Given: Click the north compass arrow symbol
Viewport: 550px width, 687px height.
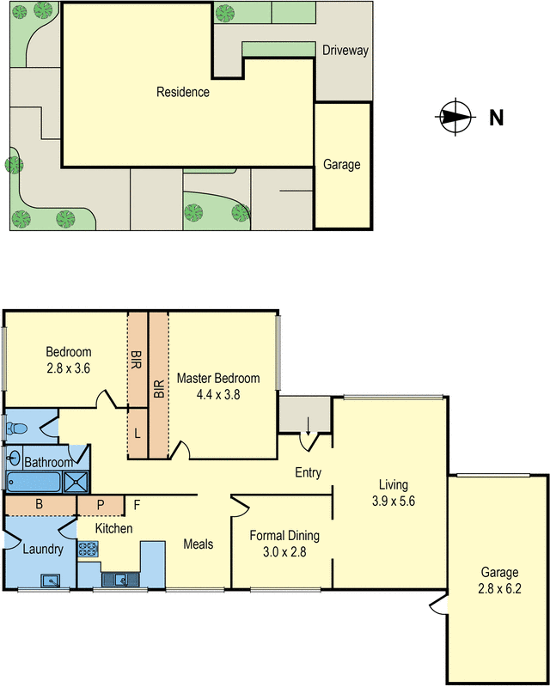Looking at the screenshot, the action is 455,117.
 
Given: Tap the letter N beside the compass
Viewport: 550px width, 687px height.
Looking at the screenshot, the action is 497,118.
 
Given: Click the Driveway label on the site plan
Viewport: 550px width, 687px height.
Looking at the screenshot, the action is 345,51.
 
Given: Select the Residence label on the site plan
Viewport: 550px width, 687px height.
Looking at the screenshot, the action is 183,92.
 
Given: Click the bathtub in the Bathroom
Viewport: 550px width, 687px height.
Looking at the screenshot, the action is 34,482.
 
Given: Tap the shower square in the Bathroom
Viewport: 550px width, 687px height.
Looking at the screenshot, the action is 76,482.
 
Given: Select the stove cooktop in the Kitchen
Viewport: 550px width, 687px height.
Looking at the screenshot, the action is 88,549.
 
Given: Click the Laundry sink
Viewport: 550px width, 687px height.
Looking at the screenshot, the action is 51,581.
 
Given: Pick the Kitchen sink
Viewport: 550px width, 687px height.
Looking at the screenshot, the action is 120,580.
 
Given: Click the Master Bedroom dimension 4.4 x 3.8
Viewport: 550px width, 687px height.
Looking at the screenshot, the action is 218,395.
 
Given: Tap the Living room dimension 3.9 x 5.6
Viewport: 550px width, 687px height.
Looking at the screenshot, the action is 394,501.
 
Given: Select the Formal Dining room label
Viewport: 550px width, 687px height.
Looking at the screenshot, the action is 284,535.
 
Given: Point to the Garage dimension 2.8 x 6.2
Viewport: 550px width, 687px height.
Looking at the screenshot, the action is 499,588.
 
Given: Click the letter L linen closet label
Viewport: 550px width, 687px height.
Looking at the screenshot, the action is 137,434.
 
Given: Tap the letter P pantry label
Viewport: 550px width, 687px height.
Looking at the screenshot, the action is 101,505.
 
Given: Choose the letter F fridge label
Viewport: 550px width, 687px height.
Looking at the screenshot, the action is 137,505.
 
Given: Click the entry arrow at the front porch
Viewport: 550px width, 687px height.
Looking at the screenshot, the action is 308,426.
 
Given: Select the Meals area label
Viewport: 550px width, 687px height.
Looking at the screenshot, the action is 199,544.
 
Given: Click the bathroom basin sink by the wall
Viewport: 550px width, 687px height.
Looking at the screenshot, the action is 14,459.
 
